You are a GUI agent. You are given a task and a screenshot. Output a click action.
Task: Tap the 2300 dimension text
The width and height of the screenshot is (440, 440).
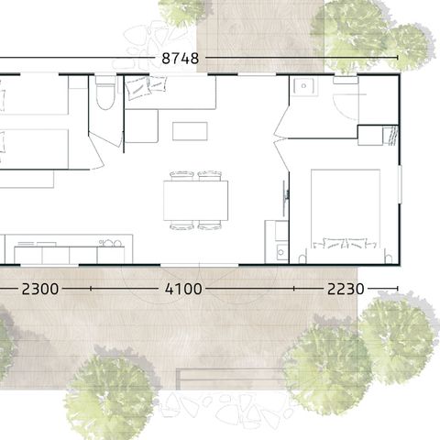point(39,289)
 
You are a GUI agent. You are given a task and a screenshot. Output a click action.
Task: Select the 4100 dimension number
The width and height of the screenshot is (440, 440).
point(182,289)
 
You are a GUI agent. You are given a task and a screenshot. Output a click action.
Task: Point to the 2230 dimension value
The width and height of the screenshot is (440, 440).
point(345,289)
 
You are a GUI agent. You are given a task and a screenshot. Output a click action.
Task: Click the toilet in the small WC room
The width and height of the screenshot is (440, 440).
point(105,94)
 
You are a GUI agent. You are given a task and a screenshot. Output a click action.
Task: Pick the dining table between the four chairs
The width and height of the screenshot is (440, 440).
point(195,200)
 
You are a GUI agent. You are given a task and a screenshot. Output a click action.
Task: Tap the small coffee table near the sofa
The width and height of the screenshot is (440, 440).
point(189,131)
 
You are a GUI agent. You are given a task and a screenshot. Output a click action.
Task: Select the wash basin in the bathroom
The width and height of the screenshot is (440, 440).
point(302,87)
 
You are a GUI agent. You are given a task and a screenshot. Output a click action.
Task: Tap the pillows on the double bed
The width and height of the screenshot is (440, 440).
point(345,243)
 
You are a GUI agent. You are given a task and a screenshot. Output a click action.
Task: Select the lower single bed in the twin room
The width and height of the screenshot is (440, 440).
point(32,148)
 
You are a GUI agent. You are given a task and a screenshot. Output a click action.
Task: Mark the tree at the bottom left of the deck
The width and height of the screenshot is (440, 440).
point(110,396)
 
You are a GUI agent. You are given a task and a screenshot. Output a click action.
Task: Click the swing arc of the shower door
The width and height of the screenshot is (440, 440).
point(346,105)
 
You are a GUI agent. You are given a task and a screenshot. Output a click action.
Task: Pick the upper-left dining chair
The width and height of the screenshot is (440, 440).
point(182,174)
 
